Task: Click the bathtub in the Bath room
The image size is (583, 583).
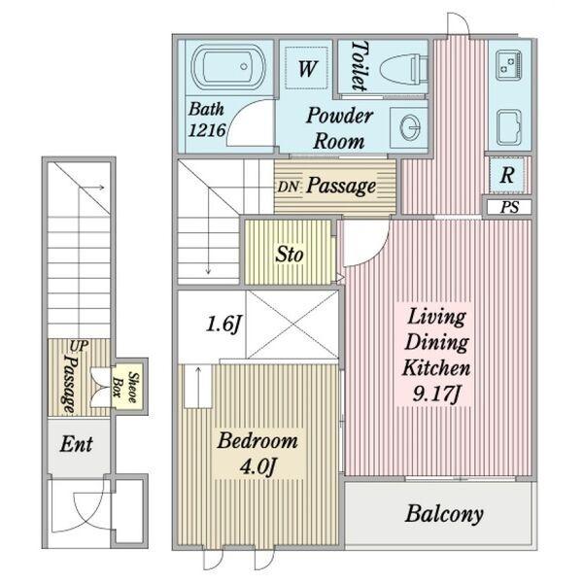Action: [228, 68]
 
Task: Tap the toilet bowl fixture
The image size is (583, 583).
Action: [404, 68]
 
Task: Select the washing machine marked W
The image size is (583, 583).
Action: [306, 68]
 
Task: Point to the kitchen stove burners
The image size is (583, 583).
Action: [508, 65]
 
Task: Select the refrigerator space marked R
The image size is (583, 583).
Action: [507, 175]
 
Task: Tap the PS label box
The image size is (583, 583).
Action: [509, 207]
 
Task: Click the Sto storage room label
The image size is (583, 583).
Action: [289, 255]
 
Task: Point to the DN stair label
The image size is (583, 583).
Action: [288, 187]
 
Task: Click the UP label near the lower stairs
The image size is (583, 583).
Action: [79, 346]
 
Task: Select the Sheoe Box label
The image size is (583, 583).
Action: [125, 387]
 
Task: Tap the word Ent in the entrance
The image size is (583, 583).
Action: [76, 444]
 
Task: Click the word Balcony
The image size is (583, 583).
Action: [444, 514]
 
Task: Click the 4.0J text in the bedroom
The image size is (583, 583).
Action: [257, 466]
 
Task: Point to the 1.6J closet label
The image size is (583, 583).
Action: [223, 324]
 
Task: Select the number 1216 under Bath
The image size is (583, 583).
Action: [207, 130]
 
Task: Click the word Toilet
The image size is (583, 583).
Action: [360, 66]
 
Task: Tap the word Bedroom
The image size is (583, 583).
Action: [257, 441]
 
